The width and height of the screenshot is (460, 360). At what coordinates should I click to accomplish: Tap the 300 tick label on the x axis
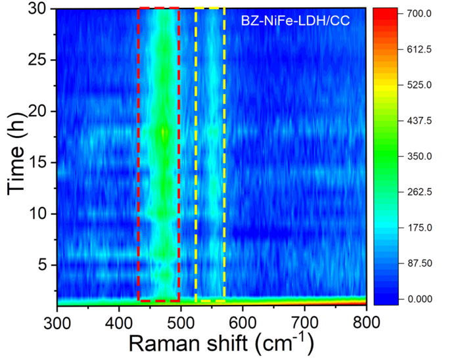coord(58,321)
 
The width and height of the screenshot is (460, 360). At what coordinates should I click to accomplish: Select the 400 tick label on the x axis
coord(120,321)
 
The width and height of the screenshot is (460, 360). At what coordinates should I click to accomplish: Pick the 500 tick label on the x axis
coord(181,321)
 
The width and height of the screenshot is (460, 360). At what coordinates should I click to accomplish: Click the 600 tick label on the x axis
coord(243,321)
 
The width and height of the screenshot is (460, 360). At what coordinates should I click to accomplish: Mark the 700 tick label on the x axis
coord(305,321)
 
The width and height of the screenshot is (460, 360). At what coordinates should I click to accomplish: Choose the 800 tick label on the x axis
coord(365,321)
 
